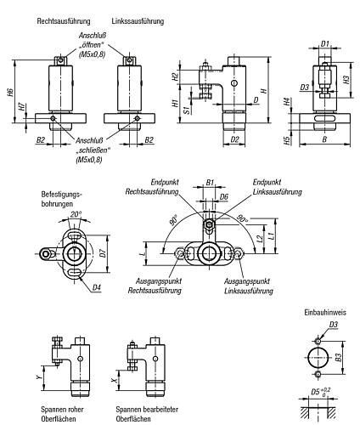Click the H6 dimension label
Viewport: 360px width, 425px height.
10,93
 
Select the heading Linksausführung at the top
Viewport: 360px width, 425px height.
138,21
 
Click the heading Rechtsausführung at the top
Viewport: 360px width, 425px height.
64,21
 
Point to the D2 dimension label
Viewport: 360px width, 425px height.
234,139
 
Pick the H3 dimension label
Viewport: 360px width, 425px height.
346,79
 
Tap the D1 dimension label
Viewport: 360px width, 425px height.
325,44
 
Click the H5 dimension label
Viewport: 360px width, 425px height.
287,140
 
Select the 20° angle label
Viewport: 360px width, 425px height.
76,214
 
